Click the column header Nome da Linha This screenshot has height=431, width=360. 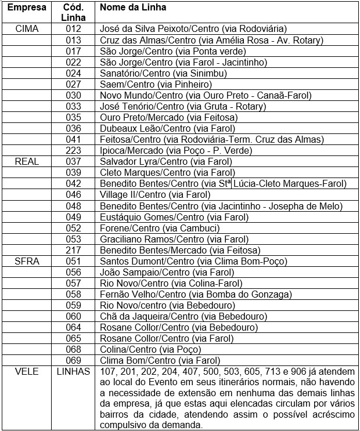pos(132,8)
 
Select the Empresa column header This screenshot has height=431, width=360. pos(27,8)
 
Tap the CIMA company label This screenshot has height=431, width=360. pos(27,28)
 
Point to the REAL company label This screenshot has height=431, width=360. pos(27,161)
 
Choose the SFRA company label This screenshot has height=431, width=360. pos(27,261)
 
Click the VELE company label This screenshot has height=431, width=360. pos(27,372)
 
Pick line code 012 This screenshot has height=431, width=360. pos(73,28)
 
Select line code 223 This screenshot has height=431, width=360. pos(73,150)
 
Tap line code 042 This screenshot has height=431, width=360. pos(73,184)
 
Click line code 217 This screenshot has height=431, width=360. pos(73,250)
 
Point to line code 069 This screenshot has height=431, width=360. pos(73,361)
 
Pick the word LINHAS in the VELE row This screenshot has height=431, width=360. pos(73,372)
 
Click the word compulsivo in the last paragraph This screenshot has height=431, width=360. pos(127,425)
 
